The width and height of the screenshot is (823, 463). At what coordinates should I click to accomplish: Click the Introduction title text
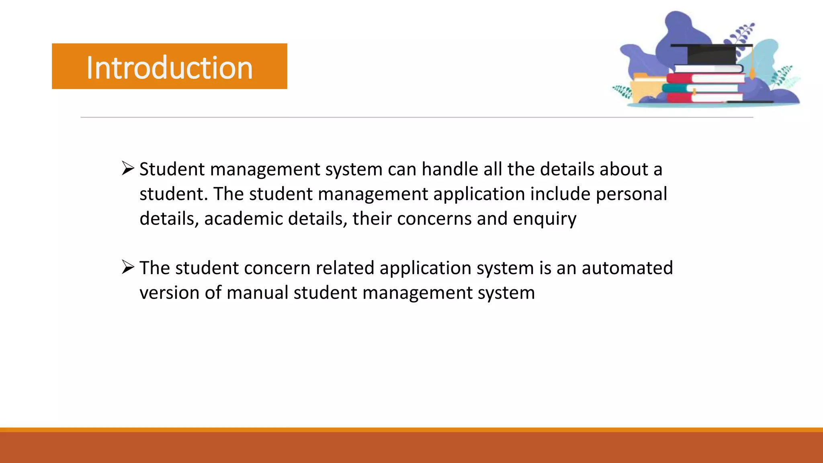pos(169,68)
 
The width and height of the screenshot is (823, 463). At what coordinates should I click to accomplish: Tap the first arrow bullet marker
pos(128,168)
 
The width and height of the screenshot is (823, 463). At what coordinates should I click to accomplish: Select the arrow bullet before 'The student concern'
pos(128,267)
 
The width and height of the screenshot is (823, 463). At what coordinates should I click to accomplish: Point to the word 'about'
pos(623,169)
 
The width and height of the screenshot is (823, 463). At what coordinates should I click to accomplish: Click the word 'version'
pos(169,293)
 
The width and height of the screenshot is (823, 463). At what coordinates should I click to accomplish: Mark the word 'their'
pos(372,219)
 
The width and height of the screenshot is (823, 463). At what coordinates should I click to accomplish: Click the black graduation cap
pos(711,54)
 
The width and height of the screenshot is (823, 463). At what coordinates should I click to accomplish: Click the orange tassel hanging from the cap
pos(752,66)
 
